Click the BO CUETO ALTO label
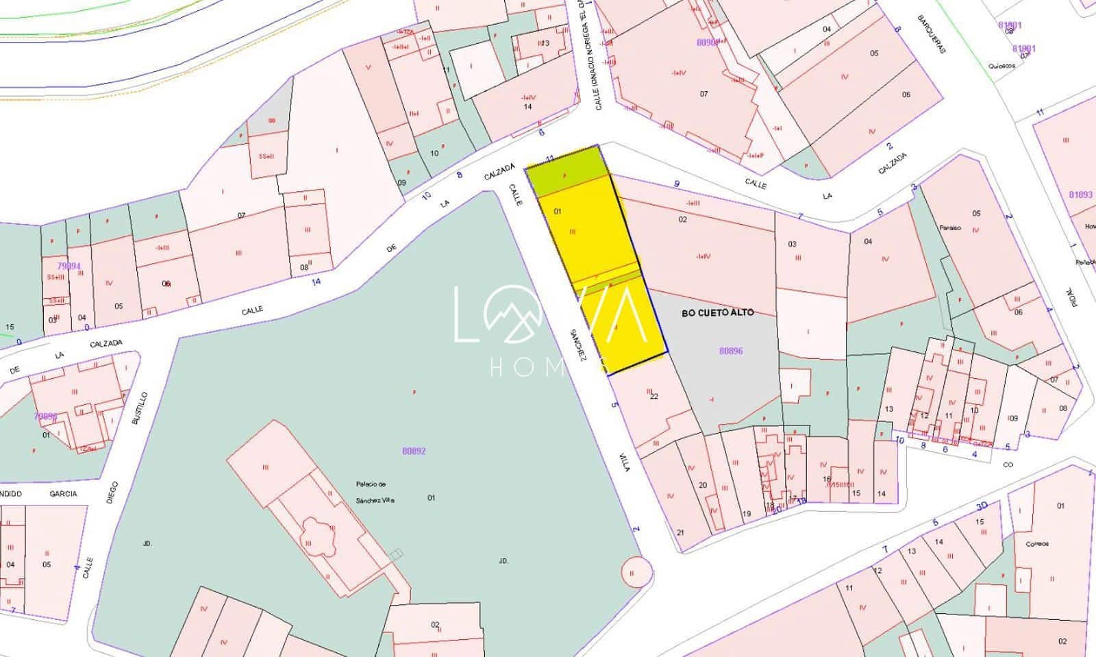pos(717,312)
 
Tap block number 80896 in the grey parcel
pos(731,351)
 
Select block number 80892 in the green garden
pos(414,451)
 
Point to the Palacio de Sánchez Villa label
pos(375,492)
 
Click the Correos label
pos(1037,544)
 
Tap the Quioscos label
pos(1001,66)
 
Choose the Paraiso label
pos(950,227)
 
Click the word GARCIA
pos(63,493)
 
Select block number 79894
pos(68,266)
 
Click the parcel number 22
pos(653,396)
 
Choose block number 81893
pos(1080,195)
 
